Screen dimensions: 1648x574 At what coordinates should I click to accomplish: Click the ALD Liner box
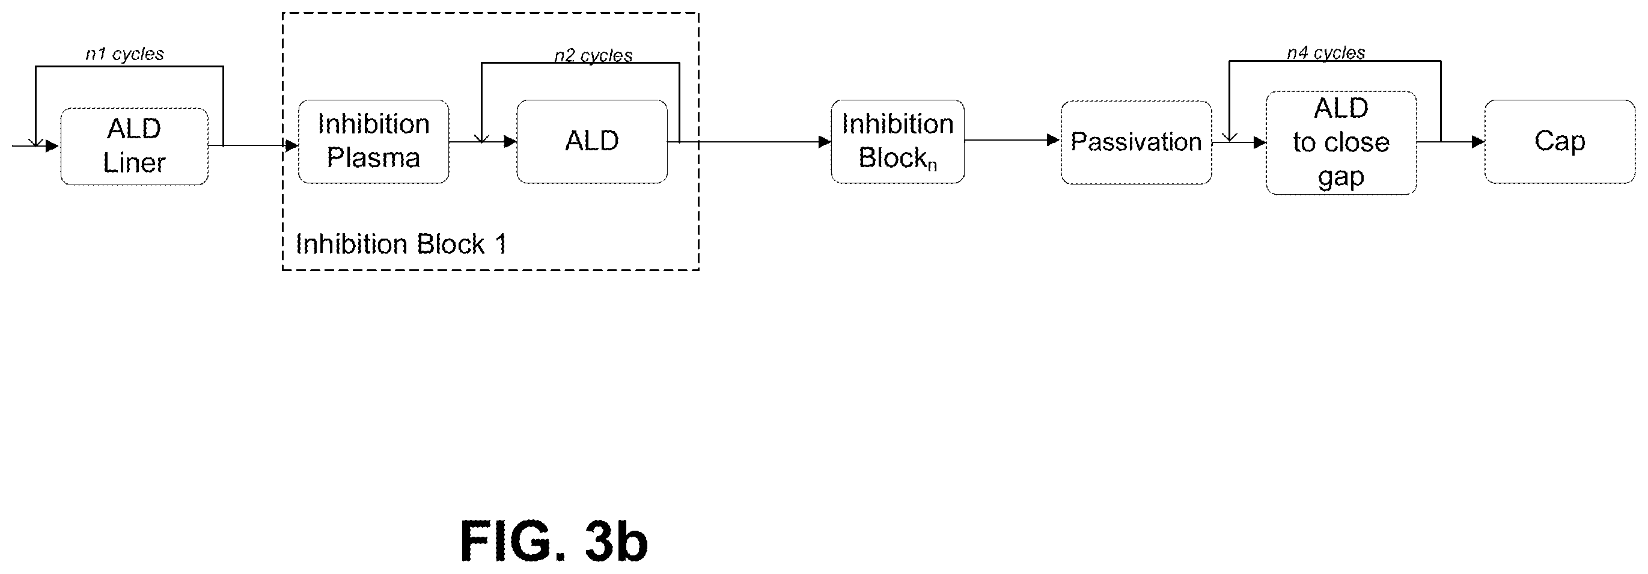pos(135,147)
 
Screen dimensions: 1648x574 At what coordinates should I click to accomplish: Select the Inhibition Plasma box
pos(374,141)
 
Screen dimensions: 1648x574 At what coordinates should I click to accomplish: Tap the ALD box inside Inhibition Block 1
pos(592,141)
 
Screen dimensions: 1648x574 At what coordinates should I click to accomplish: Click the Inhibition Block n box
pos(897,141)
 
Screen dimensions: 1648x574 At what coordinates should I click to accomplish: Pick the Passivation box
pos(1136,142)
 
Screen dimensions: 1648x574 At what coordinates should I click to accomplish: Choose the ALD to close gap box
pos(1341,142)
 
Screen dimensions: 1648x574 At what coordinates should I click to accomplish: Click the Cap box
pos(1560,141)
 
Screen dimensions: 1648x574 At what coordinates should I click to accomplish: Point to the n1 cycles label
pos(125,53)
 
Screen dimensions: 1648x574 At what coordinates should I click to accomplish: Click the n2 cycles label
pos(593,56)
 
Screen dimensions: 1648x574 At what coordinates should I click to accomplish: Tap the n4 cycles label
pos(1326,52)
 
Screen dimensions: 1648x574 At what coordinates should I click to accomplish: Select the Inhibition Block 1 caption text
pos(401,244)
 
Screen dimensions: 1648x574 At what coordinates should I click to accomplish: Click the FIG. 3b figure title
pos(554,541)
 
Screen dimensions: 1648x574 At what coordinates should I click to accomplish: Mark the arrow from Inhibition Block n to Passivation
pos(1012,140)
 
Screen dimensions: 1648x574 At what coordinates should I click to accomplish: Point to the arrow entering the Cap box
pos(1450,141)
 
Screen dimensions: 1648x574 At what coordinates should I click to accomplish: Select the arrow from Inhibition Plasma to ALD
pos(483,141)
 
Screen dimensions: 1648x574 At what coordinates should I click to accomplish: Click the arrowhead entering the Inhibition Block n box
pos(825,142)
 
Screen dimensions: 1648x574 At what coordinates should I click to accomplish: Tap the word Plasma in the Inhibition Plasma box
pos(374,158)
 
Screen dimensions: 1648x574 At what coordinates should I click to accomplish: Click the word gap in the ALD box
pos(1341,177)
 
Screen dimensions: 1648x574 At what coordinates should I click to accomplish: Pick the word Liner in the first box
pos(135,163)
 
